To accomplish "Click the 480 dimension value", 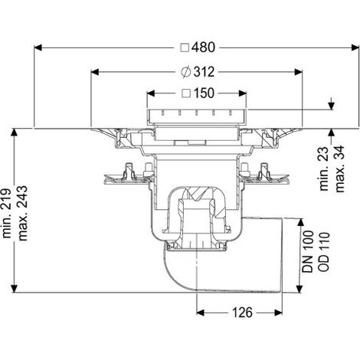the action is [204, 47].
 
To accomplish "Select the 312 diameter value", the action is [204, 72].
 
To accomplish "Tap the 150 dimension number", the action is [204, 93].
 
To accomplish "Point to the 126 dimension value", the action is [242, 313].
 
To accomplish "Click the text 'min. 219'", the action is [6, 214].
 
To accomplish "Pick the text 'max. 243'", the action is [22, 214].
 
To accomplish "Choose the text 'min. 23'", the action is [324, 169].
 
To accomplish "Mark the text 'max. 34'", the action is [340, 169].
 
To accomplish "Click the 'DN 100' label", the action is [308, 251].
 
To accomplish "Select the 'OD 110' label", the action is [324, 251].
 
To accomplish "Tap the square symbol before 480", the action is [185, 47].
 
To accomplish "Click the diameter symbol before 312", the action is [186, 72].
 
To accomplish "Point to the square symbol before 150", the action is [186, 93].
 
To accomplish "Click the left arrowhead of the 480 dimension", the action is [38, 47].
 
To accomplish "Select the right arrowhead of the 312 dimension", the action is [299, 72].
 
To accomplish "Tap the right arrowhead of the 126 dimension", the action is [278, 313].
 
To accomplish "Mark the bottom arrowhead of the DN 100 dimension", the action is [299, 289].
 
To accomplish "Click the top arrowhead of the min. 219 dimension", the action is [15, 133].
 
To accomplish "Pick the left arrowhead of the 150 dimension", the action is [151, 93].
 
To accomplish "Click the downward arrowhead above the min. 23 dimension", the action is [331, 106].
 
